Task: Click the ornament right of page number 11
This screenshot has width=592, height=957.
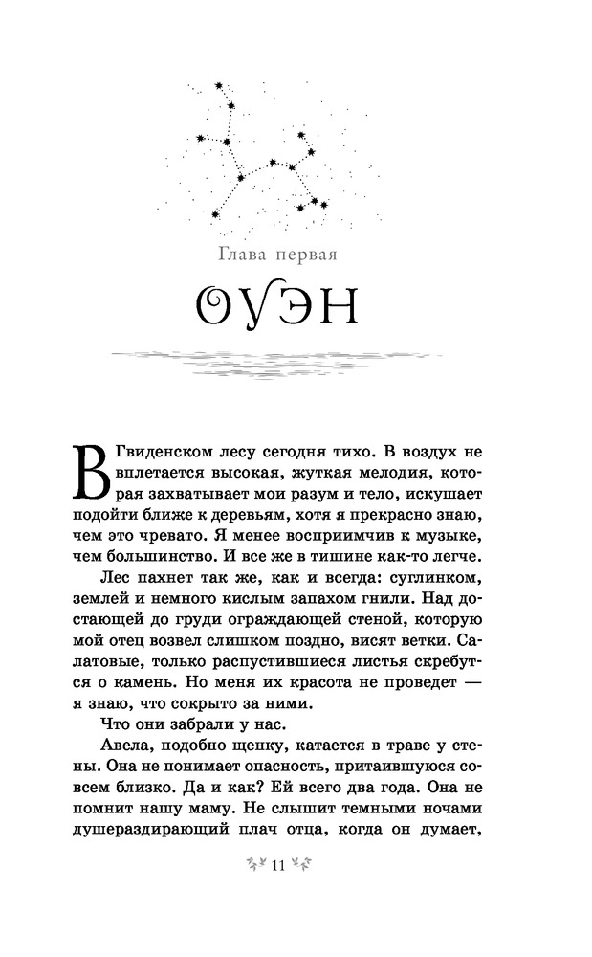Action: pos(304,866)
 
